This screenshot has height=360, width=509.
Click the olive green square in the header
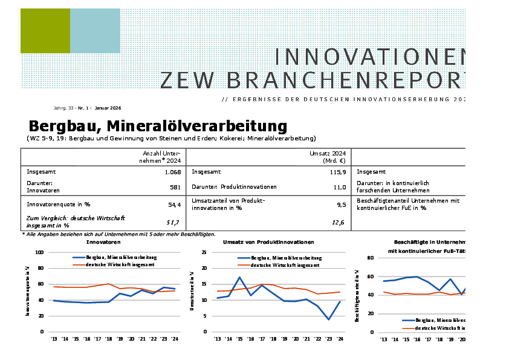tap(45, 31)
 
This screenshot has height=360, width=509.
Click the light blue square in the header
tap(95, 31)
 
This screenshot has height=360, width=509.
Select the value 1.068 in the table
tap(172, 172)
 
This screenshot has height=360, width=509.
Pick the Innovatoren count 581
tap(175, 188)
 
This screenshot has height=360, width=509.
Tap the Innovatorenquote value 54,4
tap(174, 205)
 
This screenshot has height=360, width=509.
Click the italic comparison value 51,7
tap(173, 223)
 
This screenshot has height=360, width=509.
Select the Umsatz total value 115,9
tap(337, 172)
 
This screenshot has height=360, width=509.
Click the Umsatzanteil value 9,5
tap(341, 205)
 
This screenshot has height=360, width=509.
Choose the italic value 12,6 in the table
tap(339, 223)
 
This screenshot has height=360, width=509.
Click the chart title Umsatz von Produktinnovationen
tap(268, 242)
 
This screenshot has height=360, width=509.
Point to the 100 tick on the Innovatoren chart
tap(41, 252)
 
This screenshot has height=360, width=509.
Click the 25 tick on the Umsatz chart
tap(204, 252)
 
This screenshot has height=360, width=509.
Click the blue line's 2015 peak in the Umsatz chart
tap(239, 277)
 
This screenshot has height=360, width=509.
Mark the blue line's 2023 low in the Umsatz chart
tap(328, 319)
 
